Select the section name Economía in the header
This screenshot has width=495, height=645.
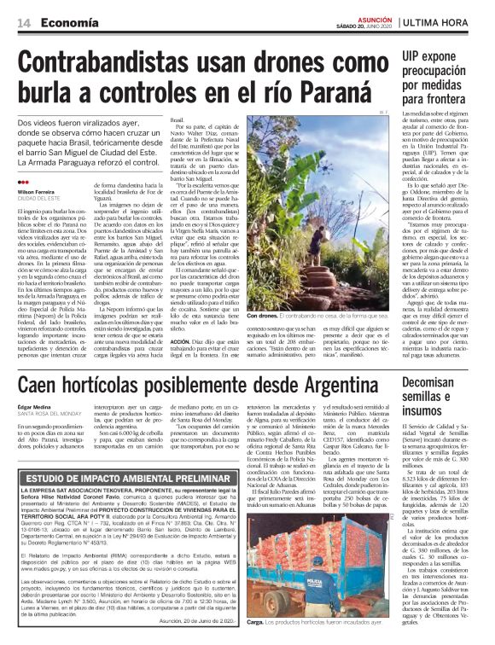pyautogui.click(x=67, y=23)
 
